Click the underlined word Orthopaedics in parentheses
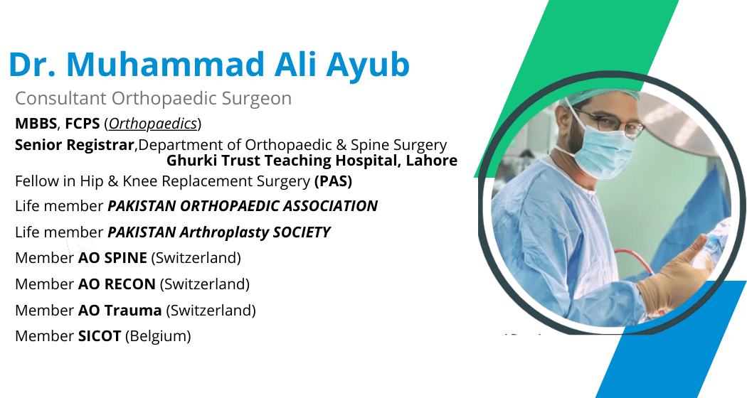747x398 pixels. coord(153,124)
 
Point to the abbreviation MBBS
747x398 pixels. coord(36,124)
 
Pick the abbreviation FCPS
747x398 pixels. coord(83,124)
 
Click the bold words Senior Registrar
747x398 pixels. coord(74,145)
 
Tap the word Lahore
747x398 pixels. coord(432,161)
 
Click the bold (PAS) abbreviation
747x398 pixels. coord(334,181)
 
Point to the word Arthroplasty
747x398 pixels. coord(224,232)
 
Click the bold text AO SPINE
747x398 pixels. coord(112,258)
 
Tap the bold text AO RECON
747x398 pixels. coord(117,284)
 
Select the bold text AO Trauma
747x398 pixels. coord(120,311)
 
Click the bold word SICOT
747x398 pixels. coord(100,336)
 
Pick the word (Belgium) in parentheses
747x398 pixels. coord(158,336)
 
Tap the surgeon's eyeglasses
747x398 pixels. coord(609,122)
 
